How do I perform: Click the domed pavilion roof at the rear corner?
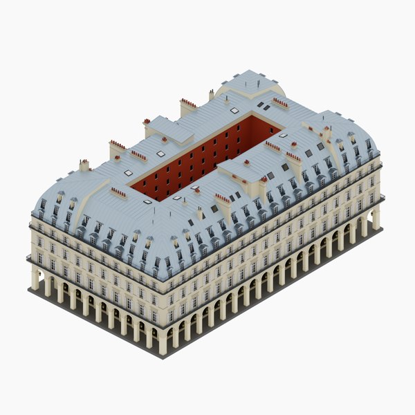[x=250, y=84]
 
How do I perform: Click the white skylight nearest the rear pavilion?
[x=234, y=110]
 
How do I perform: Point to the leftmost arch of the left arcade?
[x=41, y=280]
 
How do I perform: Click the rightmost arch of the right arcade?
[x=369, y=221]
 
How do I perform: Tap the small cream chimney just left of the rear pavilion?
[x=211, y=95]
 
